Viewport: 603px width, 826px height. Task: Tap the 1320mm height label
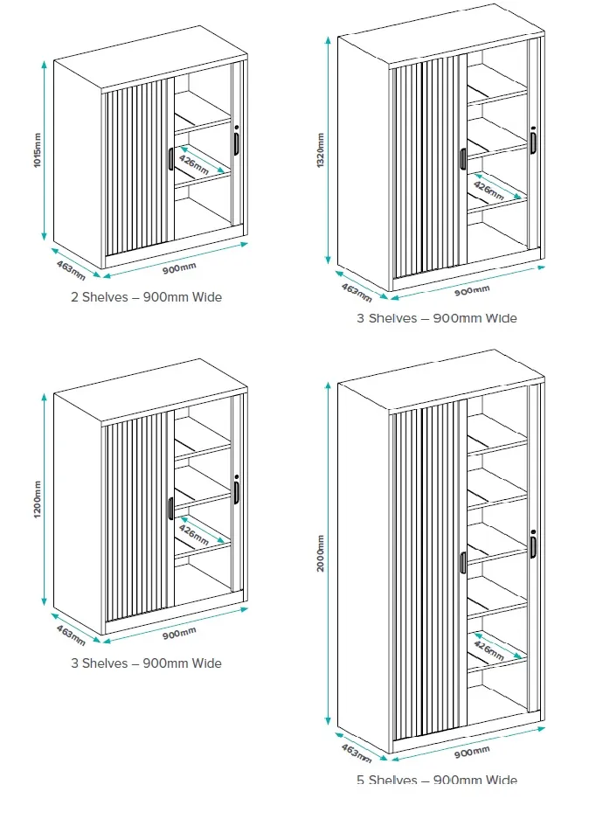pyautogui.click(x=321, y=149)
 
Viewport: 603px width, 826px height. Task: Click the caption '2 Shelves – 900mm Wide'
pyautogui.click(x=147, y=297)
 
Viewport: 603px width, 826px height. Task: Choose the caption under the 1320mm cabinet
pyautogui.click(x=436, y=318)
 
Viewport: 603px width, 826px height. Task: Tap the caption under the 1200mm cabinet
pyautogui.click(x=147, y=663)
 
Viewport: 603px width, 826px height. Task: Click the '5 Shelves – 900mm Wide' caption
pyautogui.click(x=436, y=780)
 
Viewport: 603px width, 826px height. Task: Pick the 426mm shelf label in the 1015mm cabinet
pyautogui.click(x=193, y=163)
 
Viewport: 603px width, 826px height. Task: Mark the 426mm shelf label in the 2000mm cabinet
pyautogui.click(x=488, y=649)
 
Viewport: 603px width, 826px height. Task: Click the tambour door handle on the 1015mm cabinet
pyautogui.click(x=170, y=159)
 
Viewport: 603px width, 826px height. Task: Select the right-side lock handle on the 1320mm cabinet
pyautogui.click(x=533, y=142)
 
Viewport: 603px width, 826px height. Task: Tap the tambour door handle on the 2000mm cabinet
pyautogui.click(x=463, y=562)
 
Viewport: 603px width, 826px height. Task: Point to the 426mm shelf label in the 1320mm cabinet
pyautogui.click(x=488, y=188)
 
